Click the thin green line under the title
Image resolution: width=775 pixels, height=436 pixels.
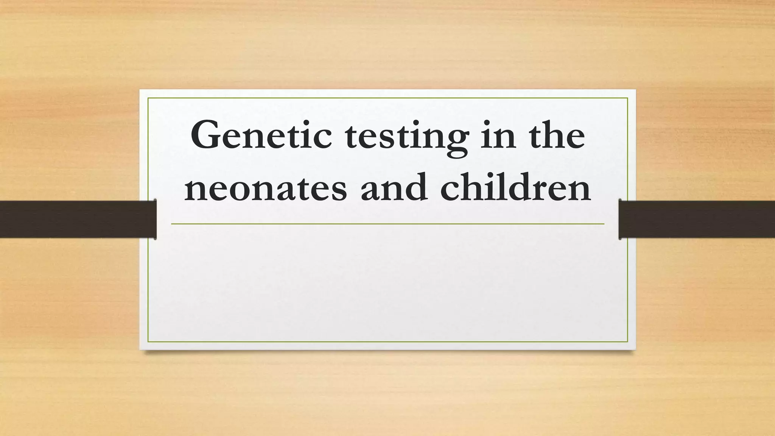(387, 224)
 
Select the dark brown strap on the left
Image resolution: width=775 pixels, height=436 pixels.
(76, 219)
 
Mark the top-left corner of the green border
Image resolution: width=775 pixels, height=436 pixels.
(148, 98)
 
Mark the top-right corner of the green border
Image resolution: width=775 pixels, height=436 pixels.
(627, 98)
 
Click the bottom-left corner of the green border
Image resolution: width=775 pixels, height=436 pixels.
(148, 342)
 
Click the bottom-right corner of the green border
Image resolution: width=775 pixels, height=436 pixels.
(627, 342)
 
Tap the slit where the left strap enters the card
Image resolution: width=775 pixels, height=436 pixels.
(155, 219)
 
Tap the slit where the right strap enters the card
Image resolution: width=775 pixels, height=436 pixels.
(620, 219)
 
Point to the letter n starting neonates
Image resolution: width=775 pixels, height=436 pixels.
(196, 189)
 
